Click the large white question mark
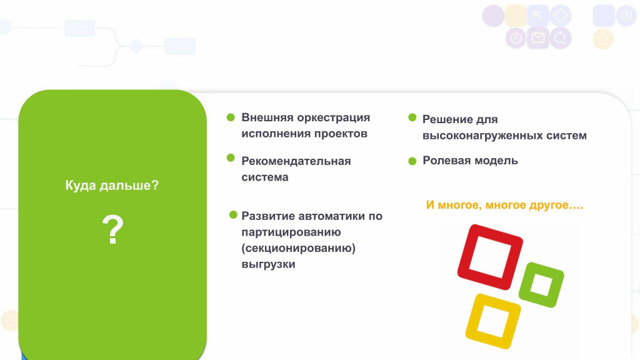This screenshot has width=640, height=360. (x=112, y=229)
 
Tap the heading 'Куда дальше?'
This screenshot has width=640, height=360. (x=112, y=185)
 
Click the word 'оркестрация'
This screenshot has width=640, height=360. (x=334, y=117)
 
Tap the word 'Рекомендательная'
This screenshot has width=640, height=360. (x=296, y=161)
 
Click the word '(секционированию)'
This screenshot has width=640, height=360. (x=298, y=248)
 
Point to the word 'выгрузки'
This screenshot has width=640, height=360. (x=268, y=264)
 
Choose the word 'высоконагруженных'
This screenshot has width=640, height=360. (x=477, y=136)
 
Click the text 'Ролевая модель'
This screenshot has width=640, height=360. (x=470, y=161)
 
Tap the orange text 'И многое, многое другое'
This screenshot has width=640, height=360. (x=497, y=205)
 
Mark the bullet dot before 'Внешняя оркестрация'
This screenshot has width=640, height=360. (x=231, y=117)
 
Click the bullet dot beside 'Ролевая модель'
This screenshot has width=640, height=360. (x=412, y=161)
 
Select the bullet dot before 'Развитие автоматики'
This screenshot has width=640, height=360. (x=233, y=215)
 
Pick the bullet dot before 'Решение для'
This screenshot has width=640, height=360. (x=412, y=117)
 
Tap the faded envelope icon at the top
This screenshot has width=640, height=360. (x=538, y=38)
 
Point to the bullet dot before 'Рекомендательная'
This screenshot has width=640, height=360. (x=231, y=157)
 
